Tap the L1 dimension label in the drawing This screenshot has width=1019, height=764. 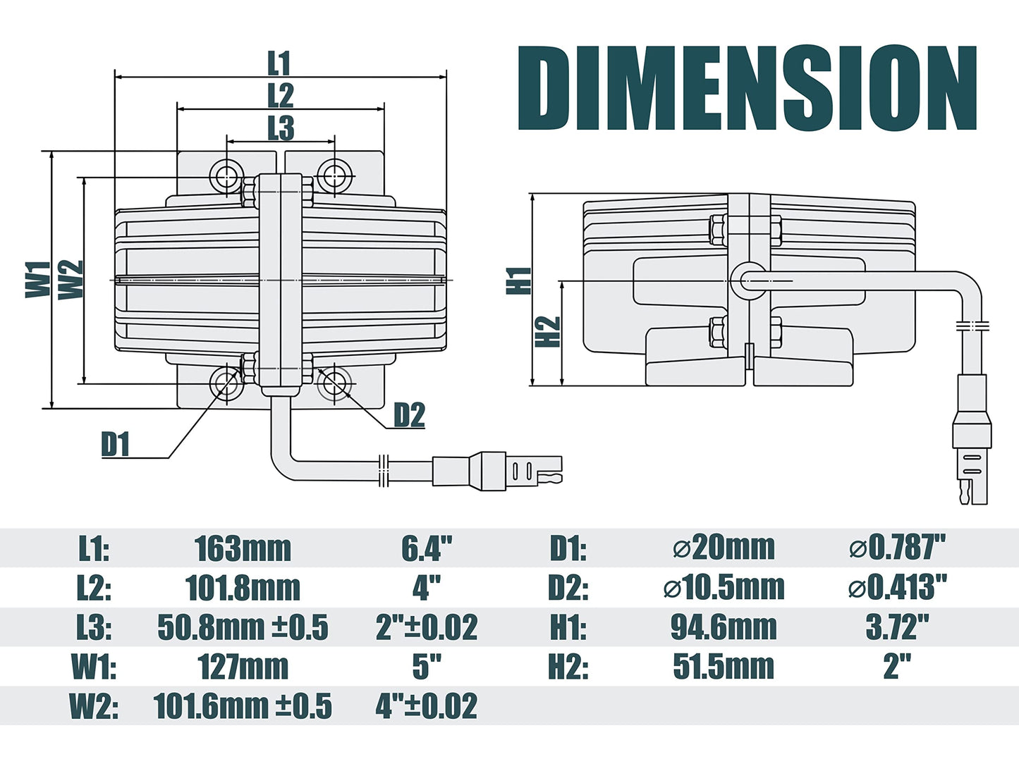coord(279,63)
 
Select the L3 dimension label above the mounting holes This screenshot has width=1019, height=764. coord(280,128)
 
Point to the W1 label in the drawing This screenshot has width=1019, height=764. coord(38,279)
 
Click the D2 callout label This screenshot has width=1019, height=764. coord(409,415)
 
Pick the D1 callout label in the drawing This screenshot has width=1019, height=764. coord(116,445)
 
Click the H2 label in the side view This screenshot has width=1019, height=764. coord(548,331)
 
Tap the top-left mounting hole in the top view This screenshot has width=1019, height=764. coord(227,174)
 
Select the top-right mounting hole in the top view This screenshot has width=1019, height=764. coord(334,174)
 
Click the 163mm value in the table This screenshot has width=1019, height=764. coord(243,548)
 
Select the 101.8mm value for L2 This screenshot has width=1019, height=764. coord(243,588)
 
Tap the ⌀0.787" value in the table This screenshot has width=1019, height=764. coord(897,548)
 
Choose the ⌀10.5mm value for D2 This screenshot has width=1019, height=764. coord(724,588)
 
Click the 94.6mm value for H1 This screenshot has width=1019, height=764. coord(724,627)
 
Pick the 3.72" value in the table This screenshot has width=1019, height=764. coord(897,627)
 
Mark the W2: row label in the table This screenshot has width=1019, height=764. coord(94,706)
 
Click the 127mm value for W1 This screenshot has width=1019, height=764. coord(243,667)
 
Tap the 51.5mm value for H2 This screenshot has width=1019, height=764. coord(724,667)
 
